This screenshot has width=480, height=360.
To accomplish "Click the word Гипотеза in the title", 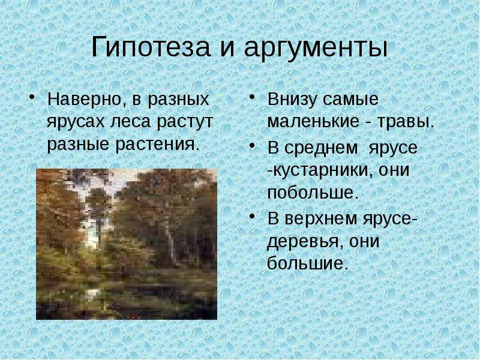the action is click(x=151, y=47).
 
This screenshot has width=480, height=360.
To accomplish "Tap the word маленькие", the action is click(x=313, y=122).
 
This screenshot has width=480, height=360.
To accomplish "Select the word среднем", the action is click(x=320, y=148).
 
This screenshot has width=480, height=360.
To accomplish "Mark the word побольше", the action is click(x=313, y=192).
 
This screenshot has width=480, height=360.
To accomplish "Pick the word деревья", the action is click(x=304, y=242).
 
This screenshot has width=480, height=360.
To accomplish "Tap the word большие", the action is click(x=308, y=263).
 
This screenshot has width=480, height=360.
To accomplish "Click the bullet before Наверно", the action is click(x=32, y=97).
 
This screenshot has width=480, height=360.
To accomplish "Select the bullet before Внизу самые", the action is click(x=252, y=97).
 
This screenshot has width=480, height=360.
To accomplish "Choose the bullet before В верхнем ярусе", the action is click(x=252, y=216).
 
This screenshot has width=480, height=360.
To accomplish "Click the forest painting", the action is click(x=127, y=244).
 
